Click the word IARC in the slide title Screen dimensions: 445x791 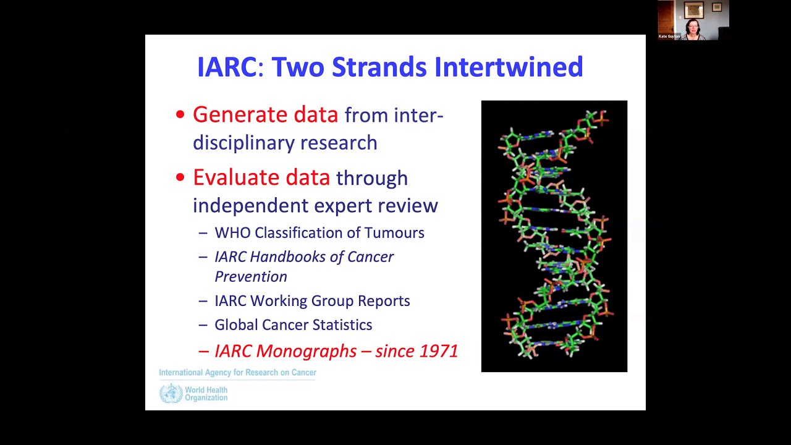click(226, 67)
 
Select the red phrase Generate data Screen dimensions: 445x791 click(265, 115)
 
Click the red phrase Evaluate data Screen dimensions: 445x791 click(261, 178)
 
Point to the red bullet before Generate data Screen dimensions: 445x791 click(180, 115)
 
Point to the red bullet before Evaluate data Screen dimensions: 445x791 click(180, 178)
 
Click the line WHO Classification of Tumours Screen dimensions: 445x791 click(319, 233)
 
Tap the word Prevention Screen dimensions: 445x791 click(250, 277)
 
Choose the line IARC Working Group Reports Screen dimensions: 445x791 click(312, 301)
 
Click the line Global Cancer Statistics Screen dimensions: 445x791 click(293, 325)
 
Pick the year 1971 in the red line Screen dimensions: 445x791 click(438, 351)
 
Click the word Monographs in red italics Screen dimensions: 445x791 click(306, 351)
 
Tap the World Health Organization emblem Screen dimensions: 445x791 click(171, 394)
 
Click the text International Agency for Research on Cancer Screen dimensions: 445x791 click(237, 373)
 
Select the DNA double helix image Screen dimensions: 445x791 click(554, 236)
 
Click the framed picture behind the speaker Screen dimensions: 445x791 click(693, 9)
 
